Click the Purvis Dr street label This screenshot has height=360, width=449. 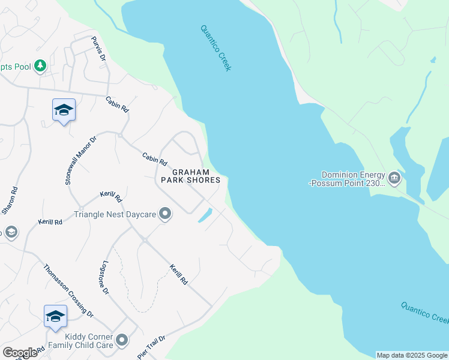98,49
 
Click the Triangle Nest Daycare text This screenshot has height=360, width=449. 115,214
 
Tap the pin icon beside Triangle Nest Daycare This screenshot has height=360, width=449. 166,214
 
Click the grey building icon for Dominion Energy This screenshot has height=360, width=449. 394,177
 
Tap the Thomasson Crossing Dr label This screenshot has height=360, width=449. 68,290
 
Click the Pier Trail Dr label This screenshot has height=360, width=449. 151,347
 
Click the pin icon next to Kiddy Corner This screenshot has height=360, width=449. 122,341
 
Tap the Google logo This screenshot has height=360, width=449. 20,353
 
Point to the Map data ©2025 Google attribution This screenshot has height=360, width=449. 411,355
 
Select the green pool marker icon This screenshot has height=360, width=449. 40,65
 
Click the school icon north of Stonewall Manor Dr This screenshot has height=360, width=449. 64,110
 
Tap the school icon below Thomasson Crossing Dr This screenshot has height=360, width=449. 55,317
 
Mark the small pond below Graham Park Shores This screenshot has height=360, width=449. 205,215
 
